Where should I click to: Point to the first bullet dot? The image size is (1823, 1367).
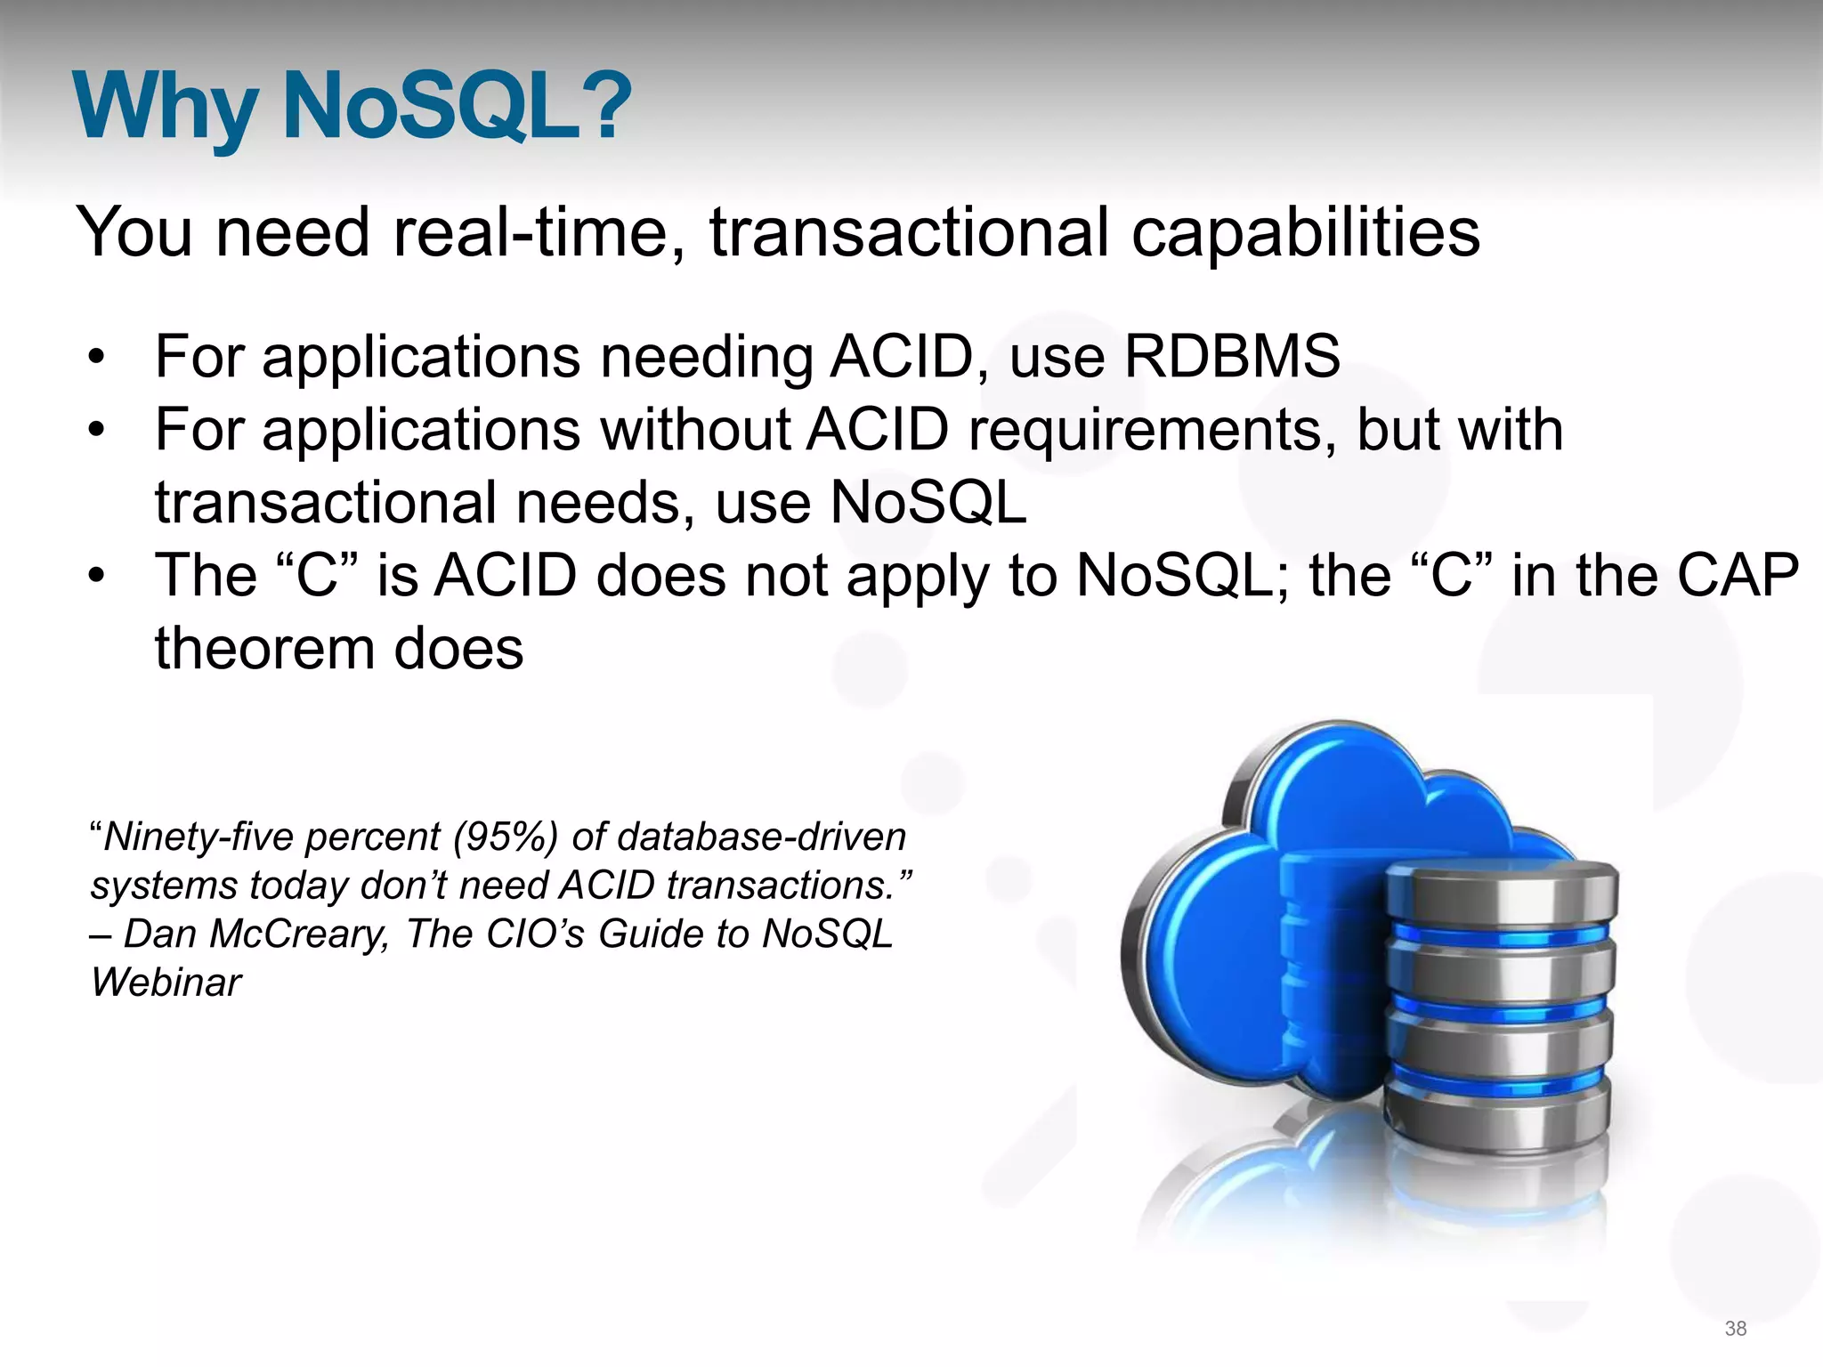pyautogui.click(x=96, y=359)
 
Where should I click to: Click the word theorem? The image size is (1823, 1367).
pyautogui.click(x=263, y=648)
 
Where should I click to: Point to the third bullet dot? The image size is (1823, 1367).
pyautogui.click(x=96, y=577)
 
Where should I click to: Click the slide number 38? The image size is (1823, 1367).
pyautogui.click(x=1735, y=1329)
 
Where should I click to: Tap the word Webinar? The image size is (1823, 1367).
pyautogui.click(x=166, y=983)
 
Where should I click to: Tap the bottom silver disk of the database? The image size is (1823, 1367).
pyautogui.click(x=1497, y=1117)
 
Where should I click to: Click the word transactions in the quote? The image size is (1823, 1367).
pyautogui.click(x=780, y=886)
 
